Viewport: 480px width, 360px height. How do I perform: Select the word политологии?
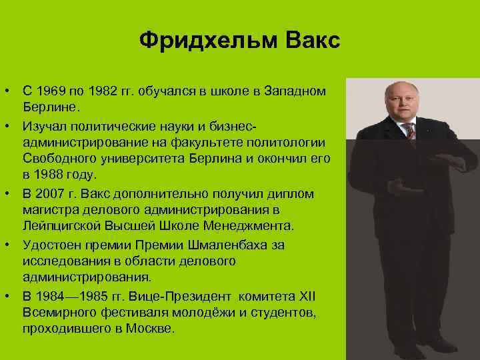[289, 142]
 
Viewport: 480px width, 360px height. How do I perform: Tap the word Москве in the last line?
[151, 329]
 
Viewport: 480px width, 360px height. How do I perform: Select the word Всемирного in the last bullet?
[59, 313]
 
